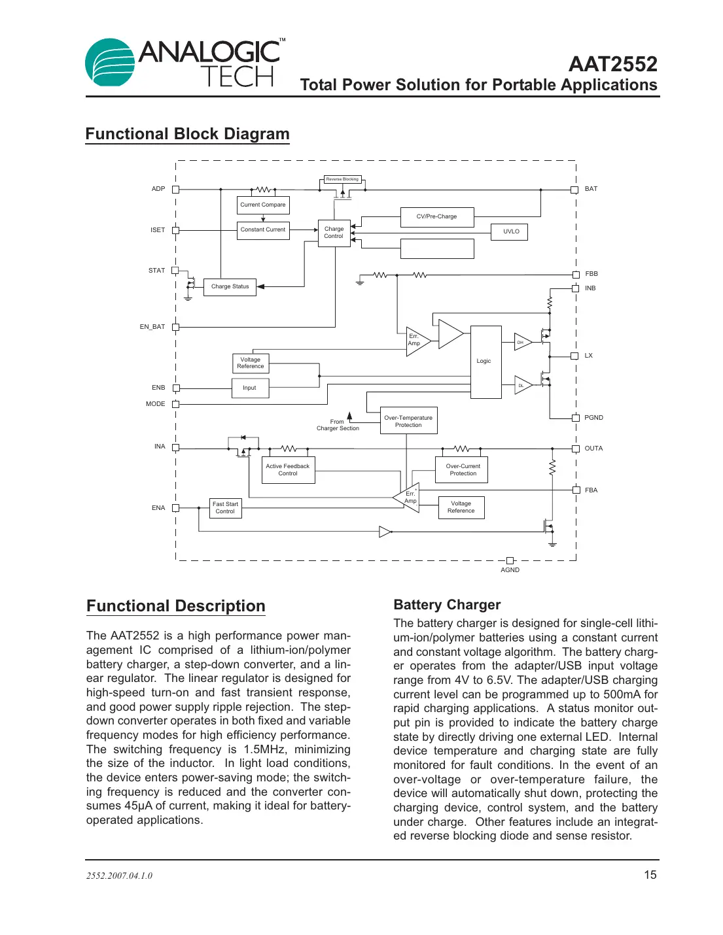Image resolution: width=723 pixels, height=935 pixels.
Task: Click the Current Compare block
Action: coord(263,205)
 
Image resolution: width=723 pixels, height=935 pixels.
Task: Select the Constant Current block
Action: coord(263,230)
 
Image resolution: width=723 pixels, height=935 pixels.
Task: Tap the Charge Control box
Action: coord(334,233)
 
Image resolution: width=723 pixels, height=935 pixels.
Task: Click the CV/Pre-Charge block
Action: coord(436,217)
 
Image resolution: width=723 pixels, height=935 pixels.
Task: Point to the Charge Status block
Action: coord(230,286)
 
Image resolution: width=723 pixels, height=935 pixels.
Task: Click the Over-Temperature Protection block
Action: coord(408,421)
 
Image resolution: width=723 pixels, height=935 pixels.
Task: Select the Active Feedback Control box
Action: coord(288,469)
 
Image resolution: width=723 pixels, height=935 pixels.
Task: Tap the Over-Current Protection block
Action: coord(462,469)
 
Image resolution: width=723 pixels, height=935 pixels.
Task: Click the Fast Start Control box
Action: coord(226,508)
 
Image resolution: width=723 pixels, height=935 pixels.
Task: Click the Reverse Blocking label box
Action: coord(342,179)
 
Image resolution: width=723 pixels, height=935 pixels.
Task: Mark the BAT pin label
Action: coord(591,189)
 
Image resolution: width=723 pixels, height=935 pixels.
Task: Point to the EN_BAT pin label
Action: coord(152,327)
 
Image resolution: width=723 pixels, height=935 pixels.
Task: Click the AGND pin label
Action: coord(510,570)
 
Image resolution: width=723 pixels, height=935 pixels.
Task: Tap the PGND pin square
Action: coord(576,418)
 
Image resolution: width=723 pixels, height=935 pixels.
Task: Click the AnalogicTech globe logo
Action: coord(109,63)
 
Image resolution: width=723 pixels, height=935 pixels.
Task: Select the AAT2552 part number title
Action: coord(612,64)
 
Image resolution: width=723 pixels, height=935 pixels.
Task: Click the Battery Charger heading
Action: coord(447,605)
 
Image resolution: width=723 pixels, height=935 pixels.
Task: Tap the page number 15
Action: coord(650,875)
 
